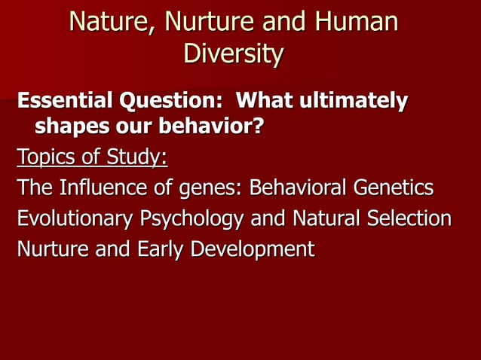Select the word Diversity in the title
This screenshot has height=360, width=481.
[x=234, y=54]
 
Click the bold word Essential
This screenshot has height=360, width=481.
[x=63, y=100]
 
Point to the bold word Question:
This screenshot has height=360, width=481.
[x=170, y=100]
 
